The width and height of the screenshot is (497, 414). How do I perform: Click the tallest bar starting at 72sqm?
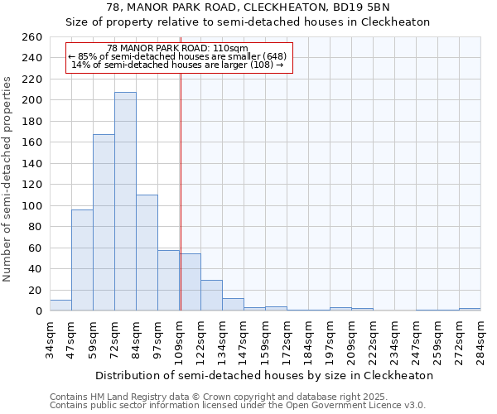pos(125,201)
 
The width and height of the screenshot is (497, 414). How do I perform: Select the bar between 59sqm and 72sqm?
pos(104,222)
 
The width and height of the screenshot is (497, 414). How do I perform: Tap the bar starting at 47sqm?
pos(82,260)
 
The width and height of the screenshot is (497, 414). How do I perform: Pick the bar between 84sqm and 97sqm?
pos(147,253)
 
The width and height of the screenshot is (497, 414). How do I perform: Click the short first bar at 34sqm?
pos(60,306)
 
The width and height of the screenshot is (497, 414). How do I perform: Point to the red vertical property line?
pos(181,190)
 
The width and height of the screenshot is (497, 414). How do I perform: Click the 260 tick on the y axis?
pos(32,37)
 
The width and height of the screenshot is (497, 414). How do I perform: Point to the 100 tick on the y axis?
pos(32,206)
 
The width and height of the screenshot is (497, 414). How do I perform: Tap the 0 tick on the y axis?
pos(38,311)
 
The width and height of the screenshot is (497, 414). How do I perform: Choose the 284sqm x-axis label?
pos(481,339)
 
